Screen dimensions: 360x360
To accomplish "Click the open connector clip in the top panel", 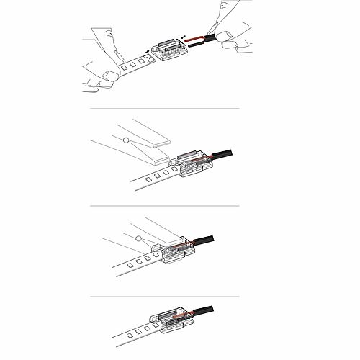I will [169, 48].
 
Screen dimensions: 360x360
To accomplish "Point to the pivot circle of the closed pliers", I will [136, 236].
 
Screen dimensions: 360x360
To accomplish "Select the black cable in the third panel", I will [209, 239].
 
